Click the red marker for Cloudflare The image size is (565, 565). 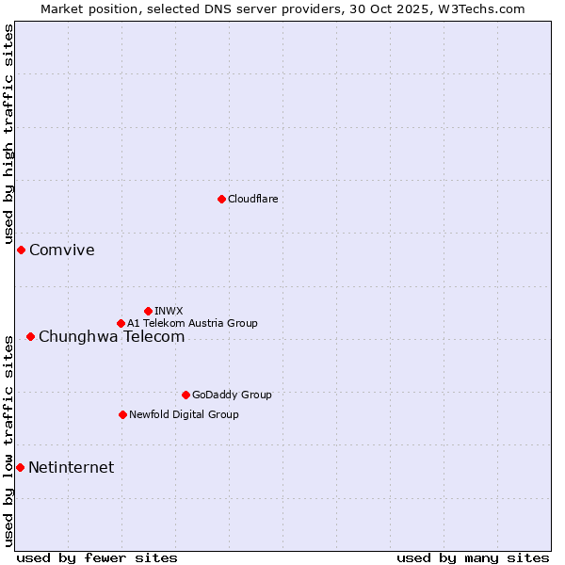tap(221, 199)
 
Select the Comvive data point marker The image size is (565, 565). tap(21, 250)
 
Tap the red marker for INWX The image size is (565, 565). tap(148, 311)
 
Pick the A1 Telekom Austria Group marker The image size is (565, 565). tap(121, 323)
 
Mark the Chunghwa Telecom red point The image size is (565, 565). tap(30, 336)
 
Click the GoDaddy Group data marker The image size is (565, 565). tap(186, 395)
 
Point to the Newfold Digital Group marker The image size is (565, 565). tap(122, 414)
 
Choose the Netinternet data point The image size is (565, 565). tap(20, 467)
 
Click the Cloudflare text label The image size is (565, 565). tap(252, 199)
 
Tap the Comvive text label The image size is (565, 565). tap(62, 250)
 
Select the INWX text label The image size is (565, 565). tap(169, 311)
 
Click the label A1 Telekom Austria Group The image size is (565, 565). tap(192, 323)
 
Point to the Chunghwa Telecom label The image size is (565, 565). tap(111, 336)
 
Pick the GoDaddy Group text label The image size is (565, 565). tap(232, 395)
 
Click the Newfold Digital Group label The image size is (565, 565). tap(184, 414)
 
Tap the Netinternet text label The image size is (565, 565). tap(71, 467)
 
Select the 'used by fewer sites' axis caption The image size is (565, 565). tap(97, 557)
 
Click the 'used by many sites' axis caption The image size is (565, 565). tap(473, 557)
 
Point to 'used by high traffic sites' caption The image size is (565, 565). tap(8, 136)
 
